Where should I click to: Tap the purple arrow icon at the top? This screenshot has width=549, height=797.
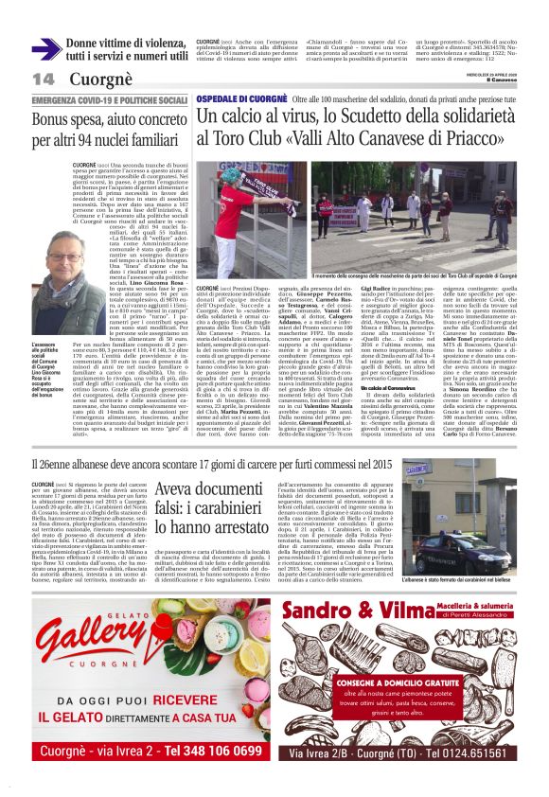[45, 48]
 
